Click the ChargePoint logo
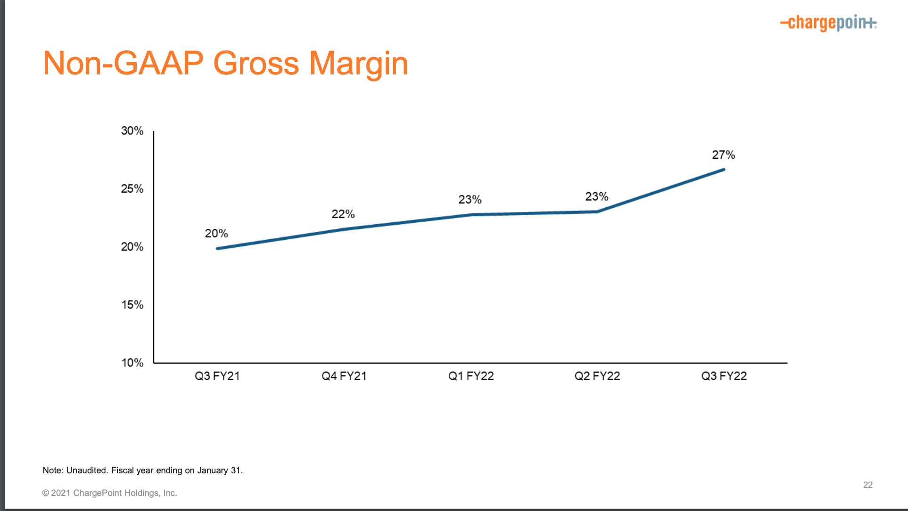click(x=828, y=23)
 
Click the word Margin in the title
click(x=358, y=64)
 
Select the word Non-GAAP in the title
click(x=123, y=64)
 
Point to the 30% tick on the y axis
click(x=132, y=131)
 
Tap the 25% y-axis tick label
click(x=132, y=189)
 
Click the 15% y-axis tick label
click(x=132, y=305)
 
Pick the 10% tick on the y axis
click(x=132, y=363)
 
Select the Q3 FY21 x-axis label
click(x=217, y=376)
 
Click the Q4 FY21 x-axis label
click(x=344, y=376)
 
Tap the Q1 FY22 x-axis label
click(x=471, y=376)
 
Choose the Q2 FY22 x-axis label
click(x=597, y=376)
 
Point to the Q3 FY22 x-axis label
click(x=724, y=376)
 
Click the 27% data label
click(x=723, y=155)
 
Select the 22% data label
click(x=343, y=214)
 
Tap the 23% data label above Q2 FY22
click(x=596, y=197)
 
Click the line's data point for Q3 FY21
click(x=217, y=249)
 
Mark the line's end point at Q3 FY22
click(x=723, y=170)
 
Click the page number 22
click(x=867, y=485)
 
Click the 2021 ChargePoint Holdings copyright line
click(x=109, y=493)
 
